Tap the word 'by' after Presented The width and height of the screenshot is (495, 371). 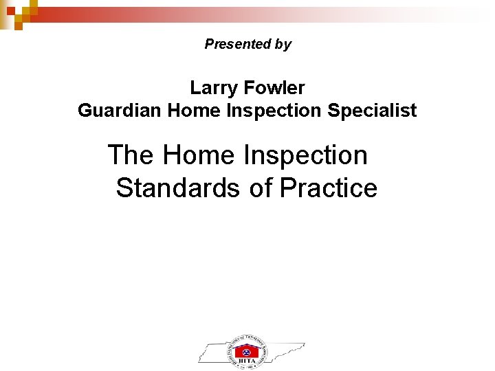[x=283, y=45]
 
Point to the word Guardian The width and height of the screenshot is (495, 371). [x=120, y=110]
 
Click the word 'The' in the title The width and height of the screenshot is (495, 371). [x=131, y=155]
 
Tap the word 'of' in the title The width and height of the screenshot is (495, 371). [x=261, y=188]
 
